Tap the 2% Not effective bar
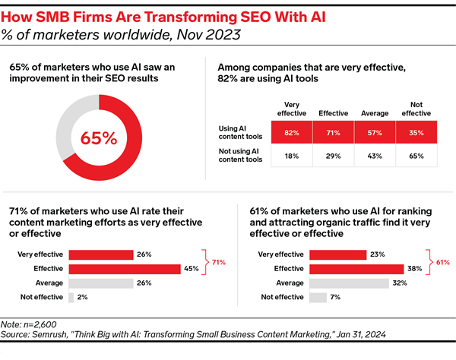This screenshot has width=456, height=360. (x=71, y=297)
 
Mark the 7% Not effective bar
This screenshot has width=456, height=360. (x=318, y=297)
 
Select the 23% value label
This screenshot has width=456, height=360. (x=375, y=254)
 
